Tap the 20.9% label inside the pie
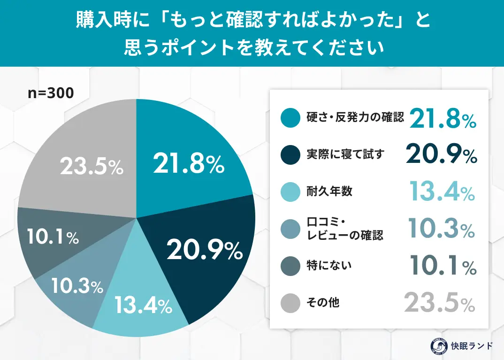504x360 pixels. tap(205, 251)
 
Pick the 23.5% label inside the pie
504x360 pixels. tap(92, 167)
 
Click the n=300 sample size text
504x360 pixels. tap(51, 93)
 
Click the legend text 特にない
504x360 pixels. tap(329, 266)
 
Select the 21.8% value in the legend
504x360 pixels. tap(443, 118)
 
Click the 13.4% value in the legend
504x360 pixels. tap(441, 191)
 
